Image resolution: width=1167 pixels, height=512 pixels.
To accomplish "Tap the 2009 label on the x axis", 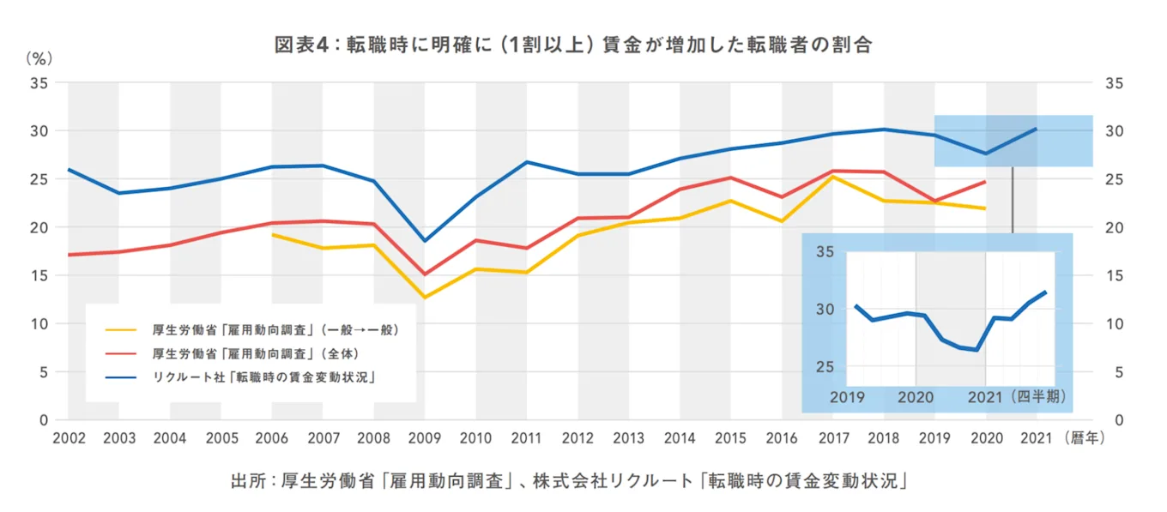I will point(425,437).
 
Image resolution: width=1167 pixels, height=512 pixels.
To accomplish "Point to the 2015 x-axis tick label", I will point(730,437).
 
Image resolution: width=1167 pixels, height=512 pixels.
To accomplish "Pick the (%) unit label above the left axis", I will point(39,59).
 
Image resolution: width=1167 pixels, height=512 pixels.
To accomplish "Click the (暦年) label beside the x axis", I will point(1085,437).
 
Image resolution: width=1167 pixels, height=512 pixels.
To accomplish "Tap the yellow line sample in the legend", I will point(120,329).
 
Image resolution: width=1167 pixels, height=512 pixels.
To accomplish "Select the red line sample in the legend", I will point(120,352).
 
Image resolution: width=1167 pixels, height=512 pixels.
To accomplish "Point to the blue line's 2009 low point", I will point(425,241).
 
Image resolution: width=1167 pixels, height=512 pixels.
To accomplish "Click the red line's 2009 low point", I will point(425,274).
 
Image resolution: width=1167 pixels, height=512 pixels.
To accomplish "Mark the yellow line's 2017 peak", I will point(832,177).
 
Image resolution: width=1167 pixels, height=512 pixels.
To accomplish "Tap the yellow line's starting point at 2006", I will point(272,234).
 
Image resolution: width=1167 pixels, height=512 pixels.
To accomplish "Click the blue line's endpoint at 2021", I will point(1036,129).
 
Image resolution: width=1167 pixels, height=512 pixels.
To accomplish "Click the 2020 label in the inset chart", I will point(916,397).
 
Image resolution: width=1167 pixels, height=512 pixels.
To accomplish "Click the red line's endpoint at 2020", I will point(985,181).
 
